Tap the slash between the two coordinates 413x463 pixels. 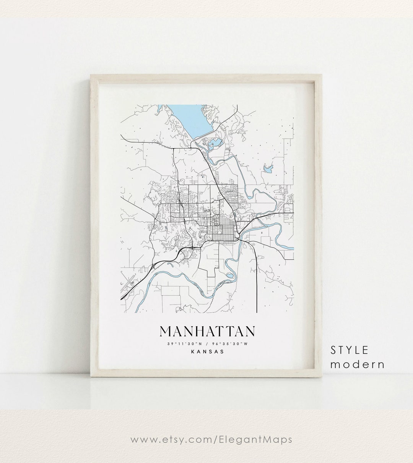207,344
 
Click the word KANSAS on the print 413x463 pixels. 207,352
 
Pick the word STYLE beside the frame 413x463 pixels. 350,350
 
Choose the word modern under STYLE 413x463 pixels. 358,364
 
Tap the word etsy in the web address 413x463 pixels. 166,440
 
